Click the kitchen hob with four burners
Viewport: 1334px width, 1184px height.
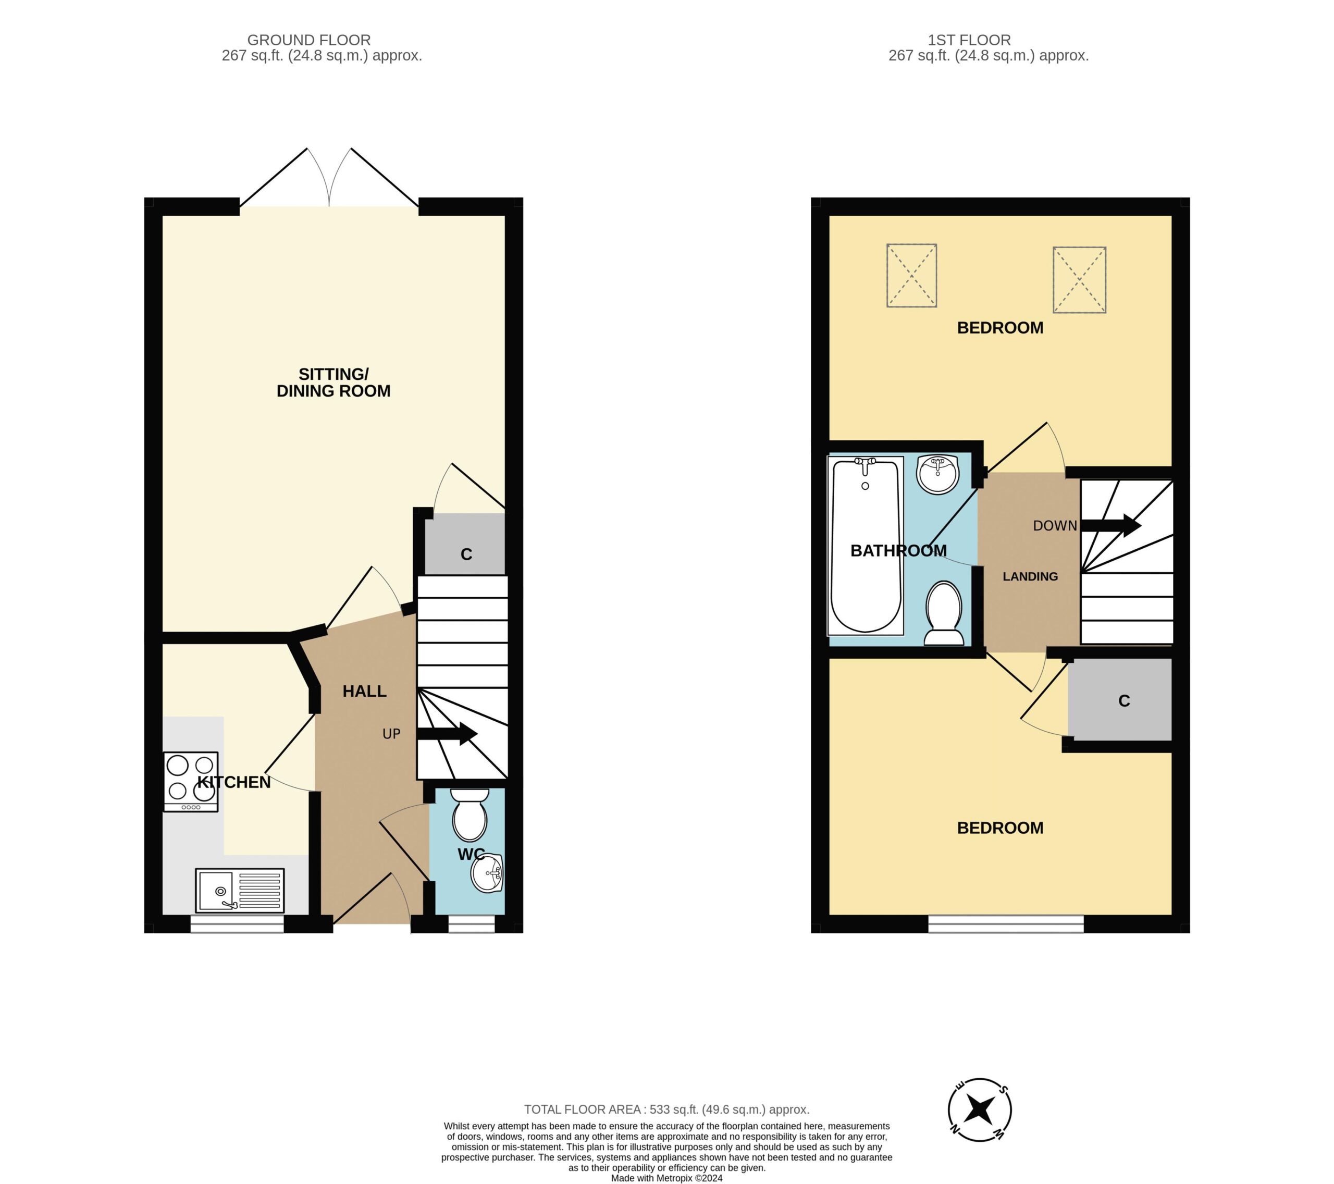[x=191, y=781]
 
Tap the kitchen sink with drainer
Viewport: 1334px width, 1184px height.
[x=240, y=890]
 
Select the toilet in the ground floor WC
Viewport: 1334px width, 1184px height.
[x=470, y=815]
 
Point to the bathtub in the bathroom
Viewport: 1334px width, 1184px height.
[x=866, y=546]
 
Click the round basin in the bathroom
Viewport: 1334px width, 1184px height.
[x=938, y=475]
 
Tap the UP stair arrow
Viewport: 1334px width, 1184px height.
[x=447, y=733]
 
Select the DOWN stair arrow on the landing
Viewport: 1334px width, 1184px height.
[x=1111, y=525]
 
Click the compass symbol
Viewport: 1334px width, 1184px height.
[x=980, y=1109]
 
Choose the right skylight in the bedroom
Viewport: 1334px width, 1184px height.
[x=1080, y=279]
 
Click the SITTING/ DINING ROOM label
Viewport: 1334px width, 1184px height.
[x=333, y=383]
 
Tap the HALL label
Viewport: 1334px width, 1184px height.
[x=365, y=691]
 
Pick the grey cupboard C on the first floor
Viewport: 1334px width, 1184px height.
[x=1120, y=699]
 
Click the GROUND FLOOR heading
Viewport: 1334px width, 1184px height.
[x=308, y=40]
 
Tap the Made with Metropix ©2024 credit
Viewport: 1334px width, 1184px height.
[x=667, y=1178]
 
